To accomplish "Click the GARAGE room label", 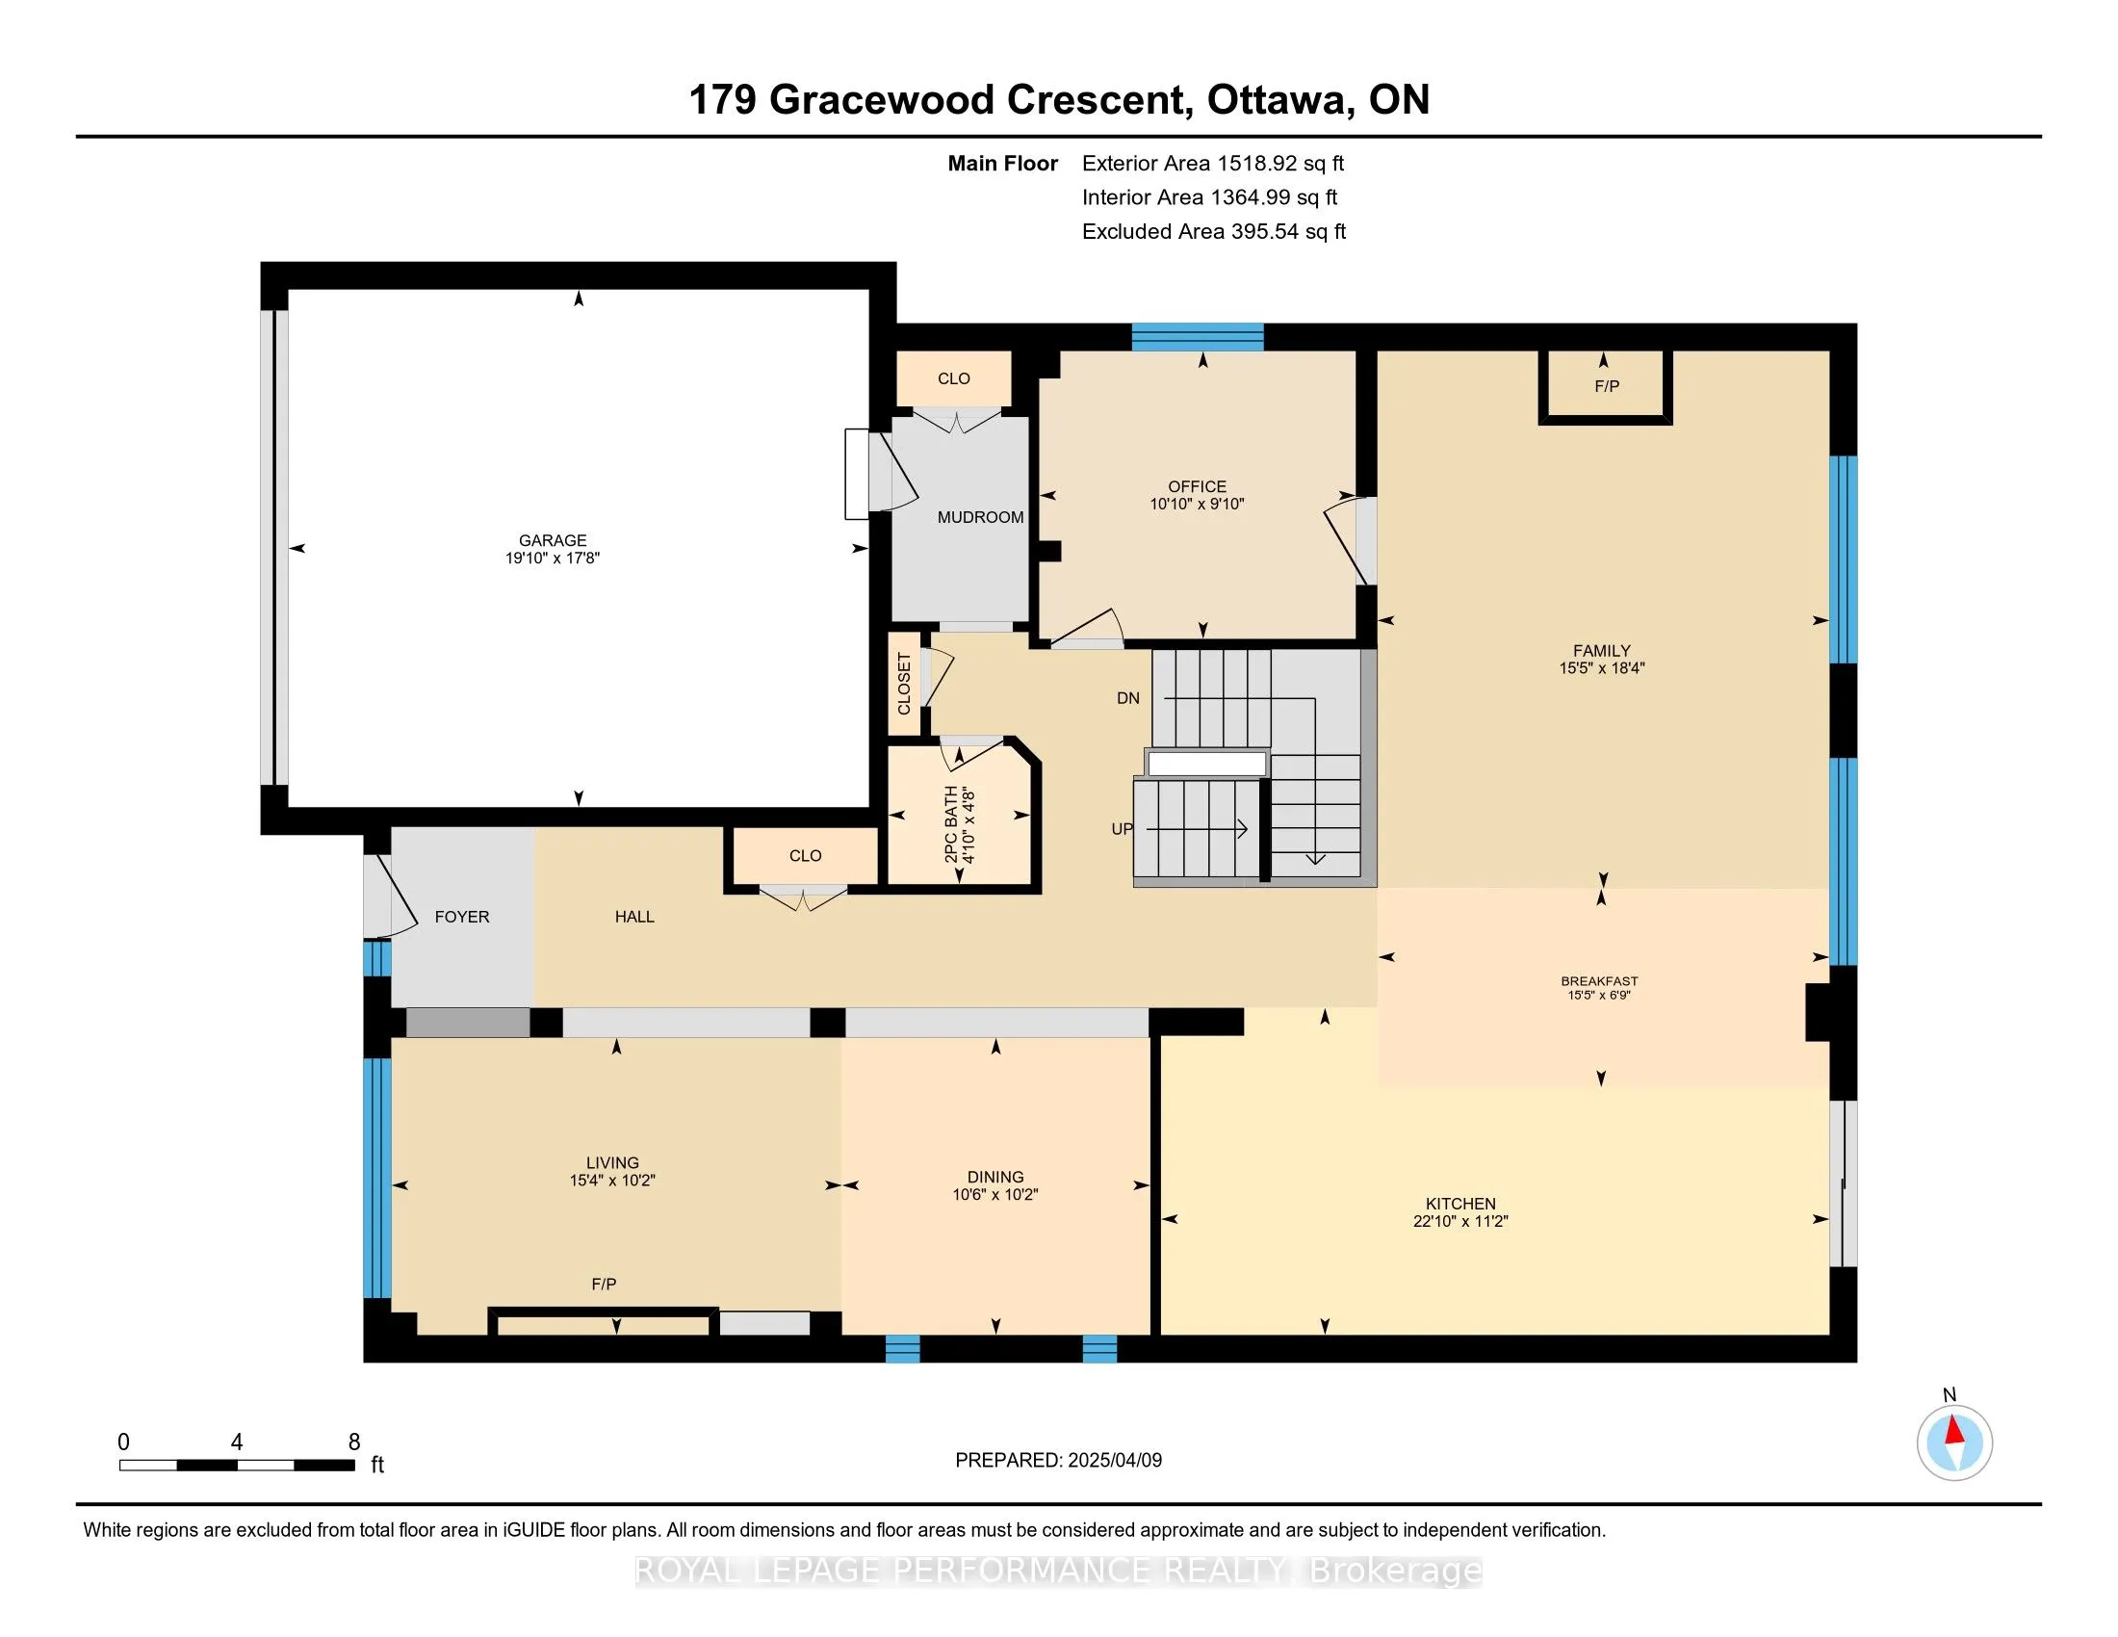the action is [553, 540].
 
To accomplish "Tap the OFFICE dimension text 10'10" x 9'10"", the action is [1197, 505].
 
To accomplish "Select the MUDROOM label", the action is [980, 517].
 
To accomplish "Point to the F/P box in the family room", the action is [1605, 386].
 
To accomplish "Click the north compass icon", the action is [1954, 1442].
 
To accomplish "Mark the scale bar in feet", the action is [237, 1465].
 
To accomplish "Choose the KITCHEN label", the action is [1460, 1204].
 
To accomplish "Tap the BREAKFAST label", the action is [1599, 981].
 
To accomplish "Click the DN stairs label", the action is [1128, 698].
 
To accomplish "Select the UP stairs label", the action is [1122, 829].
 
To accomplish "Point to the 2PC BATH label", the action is [951, 824].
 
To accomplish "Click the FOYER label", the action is [461, 917].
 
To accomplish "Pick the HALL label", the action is [634, 917].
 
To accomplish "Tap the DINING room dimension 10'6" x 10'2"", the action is [995, 1195].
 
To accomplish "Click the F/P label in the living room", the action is [604, 1284].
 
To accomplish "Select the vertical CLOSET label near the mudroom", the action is [904, 684].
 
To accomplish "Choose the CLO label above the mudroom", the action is [953, 378].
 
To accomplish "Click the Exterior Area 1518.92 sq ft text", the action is [1213, 163].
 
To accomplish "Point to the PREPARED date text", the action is [1058, 1461].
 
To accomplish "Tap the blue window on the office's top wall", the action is [1198, 336].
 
